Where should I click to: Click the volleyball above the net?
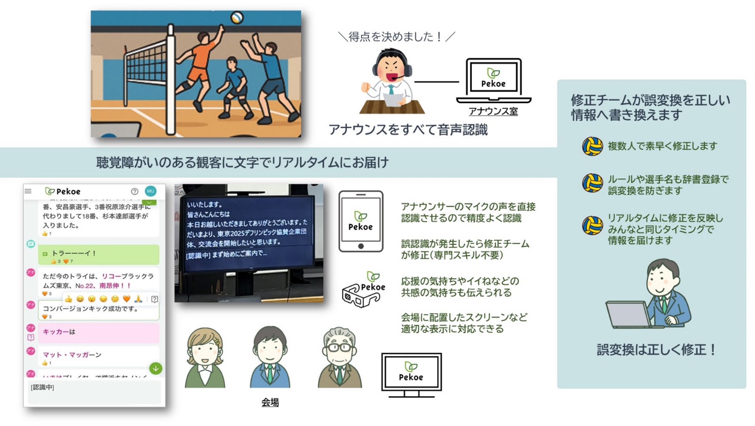pos(237,17)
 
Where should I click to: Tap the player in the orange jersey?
pos(199,65)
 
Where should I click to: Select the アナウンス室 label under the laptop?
pos(493,111)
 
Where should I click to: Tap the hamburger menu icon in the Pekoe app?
pos(28,191)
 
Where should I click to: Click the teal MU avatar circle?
pos(150,191)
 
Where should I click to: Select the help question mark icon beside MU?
pos(135,192)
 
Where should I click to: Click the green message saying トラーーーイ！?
pos(99,254)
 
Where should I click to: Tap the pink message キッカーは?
pos(99,332)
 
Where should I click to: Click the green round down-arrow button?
pos(156,369)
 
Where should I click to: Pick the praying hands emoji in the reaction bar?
pos(138,299)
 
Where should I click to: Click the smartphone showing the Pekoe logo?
pos(360,221)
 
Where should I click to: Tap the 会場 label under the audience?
pos(270,402)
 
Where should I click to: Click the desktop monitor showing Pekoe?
pos(411,374)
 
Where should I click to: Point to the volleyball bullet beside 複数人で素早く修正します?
pos(592,146)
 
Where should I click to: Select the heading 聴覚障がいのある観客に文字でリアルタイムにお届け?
pos(242,163)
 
